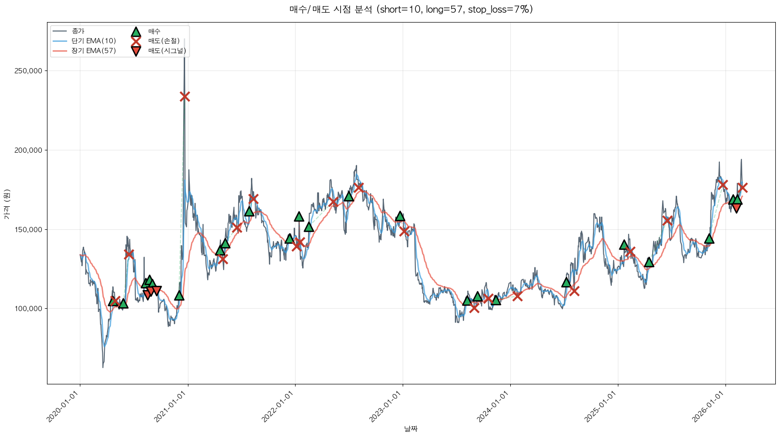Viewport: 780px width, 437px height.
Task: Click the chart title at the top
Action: [x=411, y=9]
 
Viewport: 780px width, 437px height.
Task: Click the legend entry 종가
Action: [x=78, y=31]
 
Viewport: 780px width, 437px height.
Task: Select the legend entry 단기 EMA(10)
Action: [x=94, y=41]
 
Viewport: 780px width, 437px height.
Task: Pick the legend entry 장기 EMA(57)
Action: [x=94, y=51]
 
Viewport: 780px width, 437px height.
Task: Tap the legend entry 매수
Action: [x=154, y=31]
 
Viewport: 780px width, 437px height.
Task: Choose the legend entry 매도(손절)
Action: [x=164, y=41]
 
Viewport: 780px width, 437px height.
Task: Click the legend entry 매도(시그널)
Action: [x=167, y=51]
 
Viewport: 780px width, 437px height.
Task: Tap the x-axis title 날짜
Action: [x=411, y=429]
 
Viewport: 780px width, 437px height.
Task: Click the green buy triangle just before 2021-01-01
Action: [x=179, y=296]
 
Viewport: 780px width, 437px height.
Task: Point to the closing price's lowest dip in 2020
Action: [x=103, y=367]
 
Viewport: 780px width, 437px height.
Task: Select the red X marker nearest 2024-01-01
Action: [x=517, y=296]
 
